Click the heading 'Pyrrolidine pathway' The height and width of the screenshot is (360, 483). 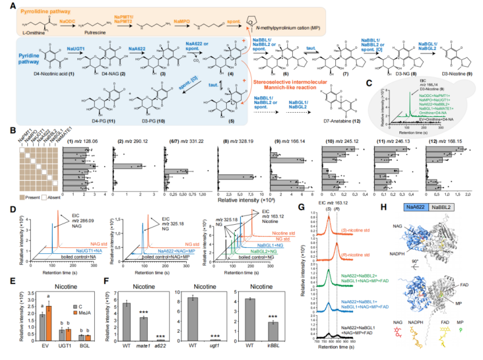[40, 10]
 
